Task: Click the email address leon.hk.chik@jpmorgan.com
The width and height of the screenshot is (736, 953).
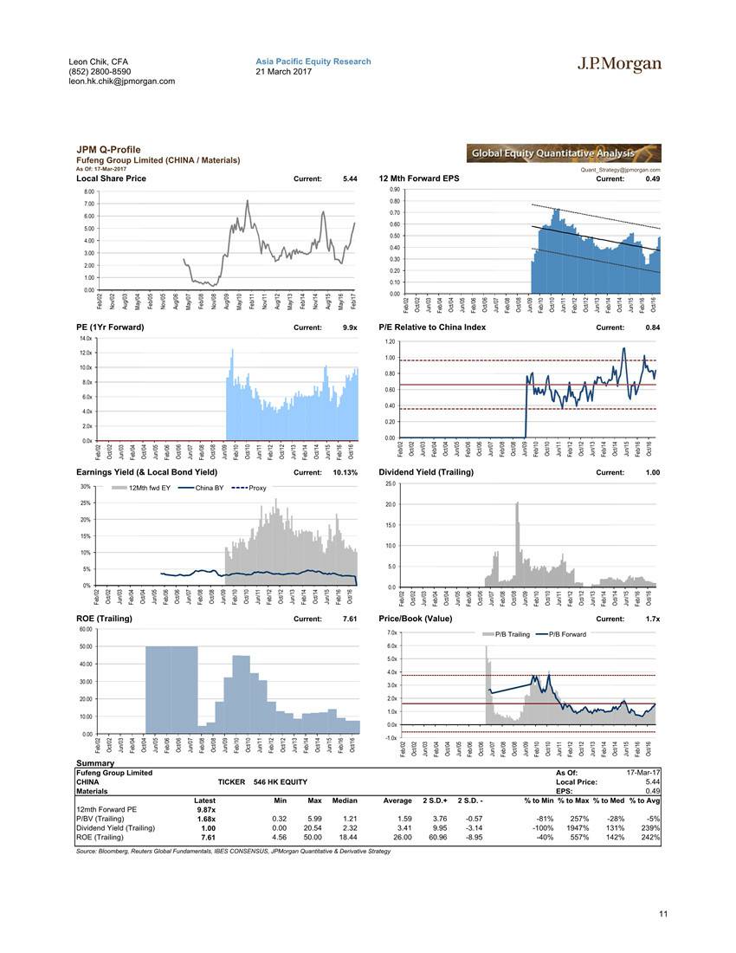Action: pos(121,81)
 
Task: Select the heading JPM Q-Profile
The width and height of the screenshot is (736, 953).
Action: pos(108,150)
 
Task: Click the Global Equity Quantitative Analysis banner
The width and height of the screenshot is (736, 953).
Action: pos(563,153)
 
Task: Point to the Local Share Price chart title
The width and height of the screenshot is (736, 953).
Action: pos(111,178)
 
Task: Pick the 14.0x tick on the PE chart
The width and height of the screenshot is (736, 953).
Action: pos(85,338)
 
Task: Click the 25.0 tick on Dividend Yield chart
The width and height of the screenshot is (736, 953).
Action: pos(390,483)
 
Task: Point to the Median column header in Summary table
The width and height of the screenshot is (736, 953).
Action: pos(345,801)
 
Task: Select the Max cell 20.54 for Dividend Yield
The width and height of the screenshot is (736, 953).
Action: pos(309,827)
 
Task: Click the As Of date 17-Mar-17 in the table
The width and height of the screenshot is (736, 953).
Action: pos(642,773)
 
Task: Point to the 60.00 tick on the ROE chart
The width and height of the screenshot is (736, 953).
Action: pos(85,629)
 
